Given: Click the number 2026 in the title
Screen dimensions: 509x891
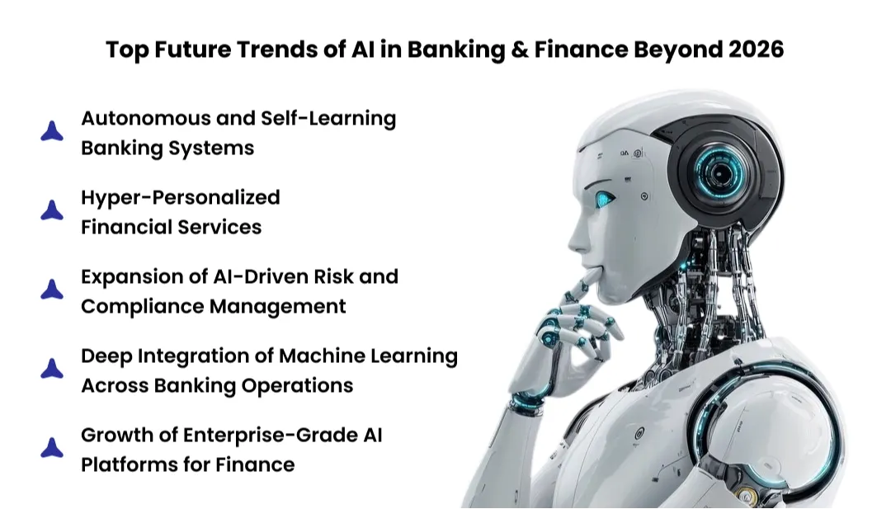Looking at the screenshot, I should pyautogui.click(x=757, y=49).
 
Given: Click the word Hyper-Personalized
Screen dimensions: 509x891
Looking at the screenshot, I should pyautogui.click(x=180, y=197).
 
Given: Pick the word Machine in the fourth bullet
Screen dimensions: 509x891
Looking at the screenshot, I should pyautogui.click(x=318, y=356).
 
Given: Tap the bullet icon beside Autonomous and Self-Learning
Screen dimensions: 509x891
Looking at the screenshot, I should pyautogui.click(x=52, y=131).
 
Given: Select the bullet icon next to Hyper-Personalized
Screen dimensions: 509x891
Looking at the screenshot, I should pyautogui.click(x=52, y=210).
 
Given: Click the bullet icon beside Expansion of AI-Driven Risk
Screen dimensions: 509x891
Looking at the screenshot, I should pyautogui.click(x=52, y=290).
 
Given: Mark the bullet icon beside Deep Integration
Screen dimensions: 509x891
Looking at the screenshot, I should pyautogui.click(x=52, y=369).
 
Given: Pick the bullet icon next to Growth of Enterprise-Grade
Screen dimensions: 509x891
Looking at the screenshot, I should pyautogui.click(x=52, y=448).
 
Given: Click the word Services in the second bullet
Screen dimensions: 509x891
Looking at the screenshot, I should pyautogui.click(x=217, y=227).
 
